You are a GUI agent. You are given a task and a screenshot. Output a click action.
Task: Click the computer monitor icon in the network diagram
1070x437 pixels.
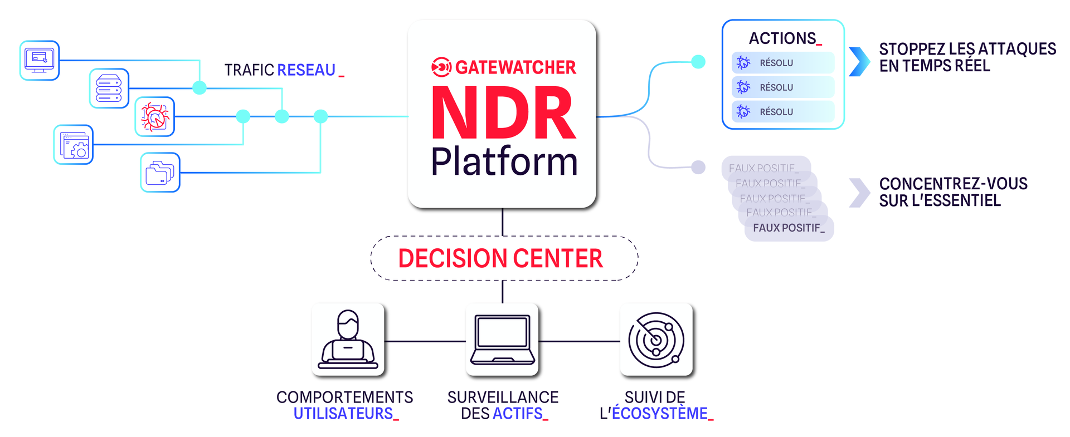pos(40,60)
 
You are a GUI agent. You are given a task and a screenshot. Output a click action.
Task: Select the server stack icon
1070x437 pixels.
pos(109,88)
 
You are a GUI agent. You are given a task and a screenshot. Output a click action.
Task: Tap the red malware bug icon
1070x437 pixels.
pos(155,116)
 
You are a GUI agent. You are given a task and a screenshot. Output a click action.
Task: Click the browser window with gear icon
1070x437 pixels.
pos(74,145)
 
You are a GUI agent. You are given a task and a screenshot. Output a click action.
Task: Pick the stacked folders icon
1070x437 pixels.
pos(160,173)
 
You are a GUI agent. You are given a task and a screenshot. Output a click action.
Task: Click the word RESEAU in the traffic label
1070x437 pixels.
pos(307,70)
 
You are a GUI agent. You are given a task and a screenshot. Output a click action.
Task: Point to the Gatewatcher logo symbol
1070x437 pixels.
pos(441,67)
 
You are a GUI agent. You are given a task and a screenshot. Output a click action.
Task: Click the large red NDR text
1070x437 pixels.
pos(503,114)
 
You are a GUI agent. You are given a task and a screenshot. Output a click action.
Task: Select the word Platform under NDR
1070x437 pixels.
pos(504,162)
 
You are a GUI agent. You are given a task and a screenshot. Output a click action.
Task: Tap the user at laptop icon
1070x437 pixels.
pos(348,340)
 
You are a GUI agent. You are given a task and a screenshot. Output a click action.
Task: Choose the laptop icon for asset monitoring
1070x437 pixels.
pos(502,340)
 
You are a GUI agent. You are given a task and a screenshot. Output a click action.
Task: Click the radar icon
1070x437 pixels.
pos(656,340)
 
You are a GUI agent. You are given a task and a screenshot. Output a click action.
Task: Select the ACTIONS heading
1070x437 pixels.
pos(783,38)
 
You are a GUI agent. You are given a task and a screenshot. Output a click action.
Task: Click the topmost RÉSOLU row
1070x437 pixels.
pos(783,63)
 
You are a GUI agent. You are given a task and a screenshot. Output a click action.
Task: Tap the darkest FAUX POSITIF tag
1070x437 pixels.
pos(789,228)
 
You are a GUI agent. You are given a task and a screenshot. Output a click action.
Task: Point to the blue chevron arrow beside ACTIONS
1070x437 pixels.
pos(859,61)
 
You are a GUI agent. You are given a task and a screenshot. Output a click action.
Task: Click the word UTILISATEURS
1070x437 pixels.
pos(343,414)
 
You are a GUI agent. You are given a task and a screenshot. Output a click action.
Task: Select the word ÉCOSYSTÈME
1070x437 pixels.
pos(660,414)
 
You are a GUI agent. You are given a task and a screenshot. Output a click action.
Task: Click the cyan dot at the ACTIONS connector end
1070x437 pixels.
pos(698,62)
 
